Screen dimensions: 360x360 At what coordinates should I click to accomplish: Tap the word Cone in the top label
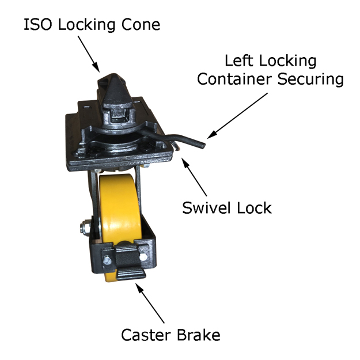(x=139, y=25)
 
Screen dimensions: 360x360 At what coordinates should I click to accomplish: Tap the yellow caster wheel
(x=118, y=207)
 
